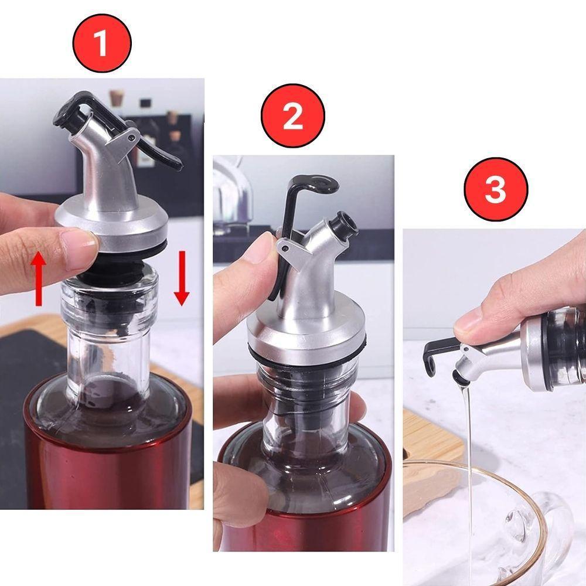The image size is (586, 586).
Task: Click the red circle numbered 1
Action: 101,43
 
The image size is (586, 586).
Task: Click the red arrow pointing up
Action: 39,277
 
